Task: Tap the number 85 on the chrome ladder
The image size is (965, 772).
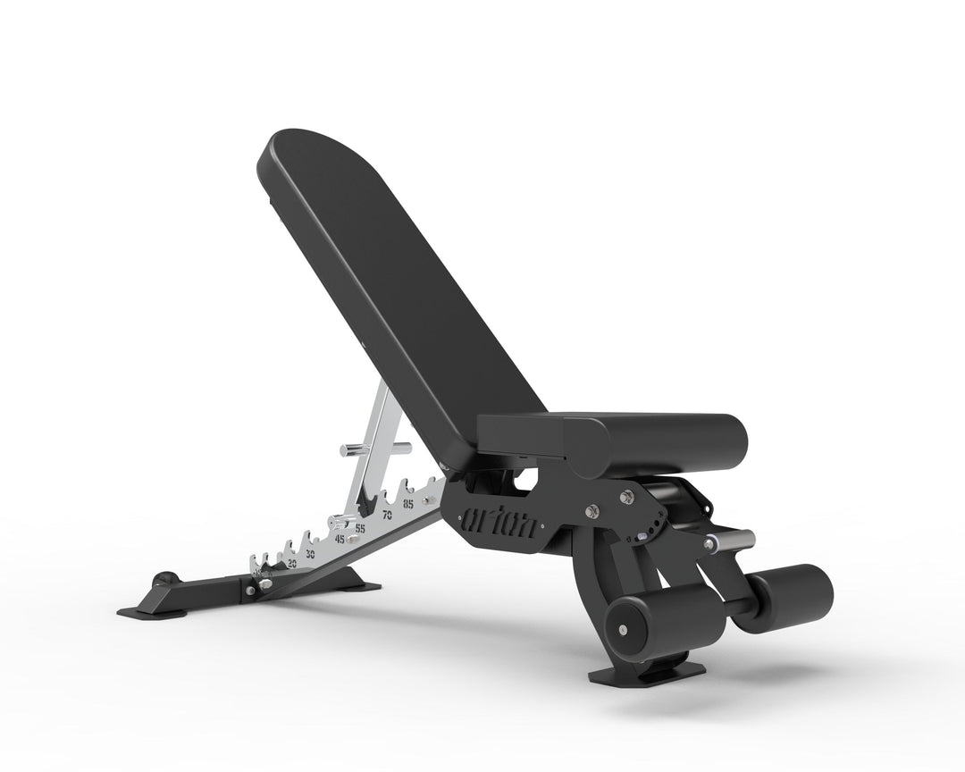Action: point(408,504)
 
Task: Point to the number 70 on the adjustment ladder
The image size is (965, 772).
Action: point(388,516)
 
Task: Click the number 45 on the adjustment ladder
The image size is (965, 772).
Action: point(340,540)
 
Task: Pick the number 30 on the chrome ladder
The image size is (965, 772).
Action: point(310,554)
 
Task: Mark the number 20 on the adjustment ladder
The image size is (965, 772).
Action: point(291,564)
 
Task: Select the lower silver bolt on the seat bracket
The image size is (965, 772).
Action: point(592,511)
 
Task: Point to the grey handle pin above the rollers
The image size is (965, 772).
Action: point(731,540)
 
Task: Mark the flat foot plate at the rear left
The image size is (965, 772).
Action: point(152,612)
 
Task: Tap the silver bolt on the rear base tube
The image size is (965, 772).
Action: point(254,586)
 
